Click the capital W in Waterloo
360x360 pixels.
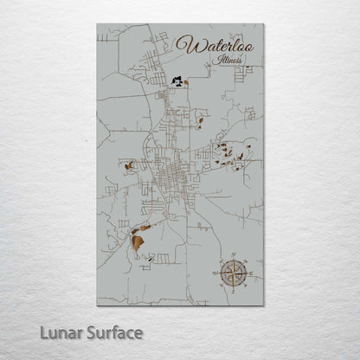click(184, 44)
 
